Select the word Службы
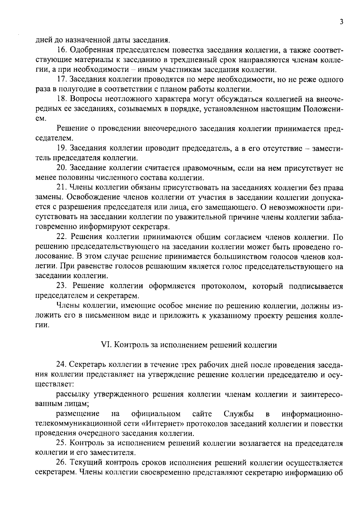pos(238,414)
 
